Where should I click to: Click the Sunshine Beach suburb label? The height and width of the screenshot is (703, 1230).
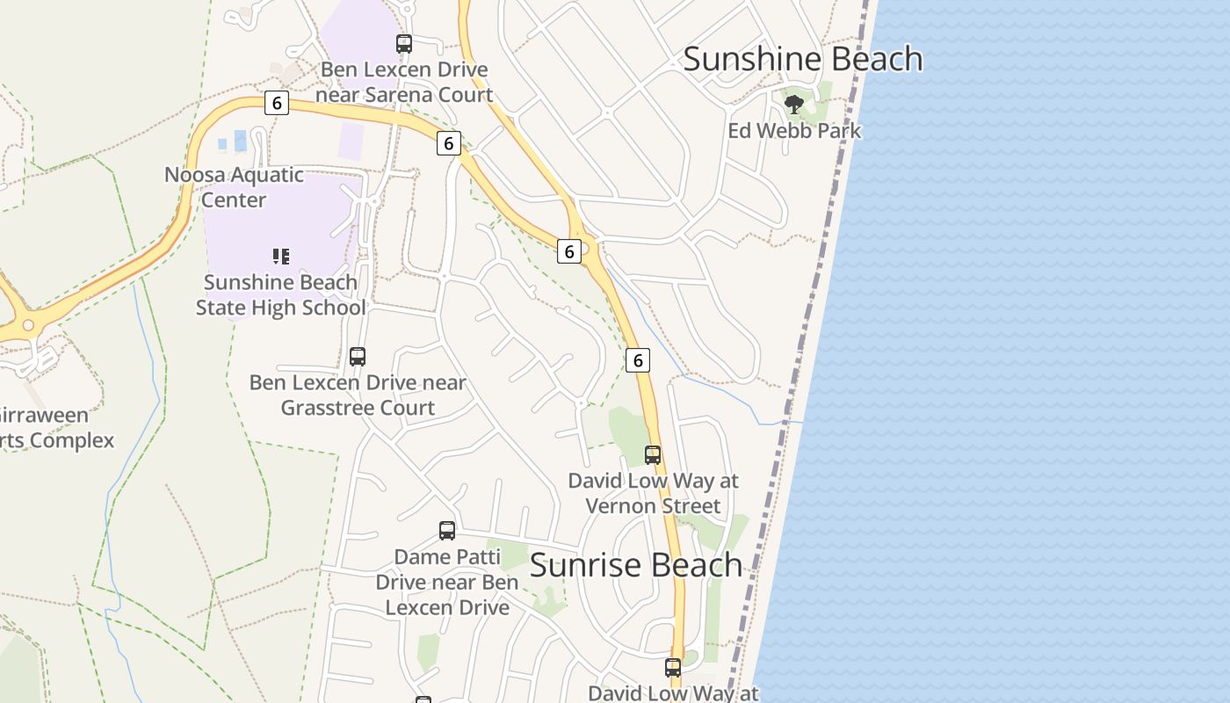pyautogui.click(x=802, y=60)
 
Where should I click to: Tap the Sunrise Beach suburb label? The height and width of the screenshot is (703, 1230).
pyautogui.click(x=636, y=565)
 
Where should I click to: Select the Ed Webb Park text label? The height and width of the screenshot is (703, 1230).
pyautogui.click(x=794, y=131)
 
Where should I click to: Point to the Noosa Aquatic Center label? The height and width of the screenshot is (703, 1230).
pyautogui.click(x=234, y=187)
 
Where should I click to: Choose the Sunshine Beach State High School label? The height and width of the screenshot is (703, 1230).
pyautogui.click(x=280, y=295)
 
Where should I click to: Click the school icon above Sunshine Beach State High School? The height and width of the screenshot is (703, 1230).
pyautogui.click(x=280, y=257)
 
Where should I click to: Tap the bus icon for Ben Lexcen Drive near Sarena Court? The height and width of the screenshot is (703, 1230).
pyautogui.click(x=404, y=44)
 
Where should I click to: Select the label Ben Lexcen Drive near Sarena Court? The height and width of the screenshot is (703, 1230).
pyautogui.click(x=404, y=82)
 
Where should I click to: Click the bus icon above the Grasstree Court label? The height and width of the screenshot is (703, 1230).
pyautogui.click(x=358, y=357)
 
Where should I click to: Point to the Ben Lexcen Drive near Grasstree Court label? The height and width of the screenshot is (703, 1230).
pyautogui.click(x=358, y=395)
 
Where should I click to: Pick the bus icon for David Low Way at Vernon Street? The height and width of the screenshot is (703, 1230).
pyautogui.click(x=653, y=455)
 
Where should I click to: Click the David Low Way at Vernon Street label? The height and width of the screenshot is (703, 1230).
pyautogui.click(x=653, y=493)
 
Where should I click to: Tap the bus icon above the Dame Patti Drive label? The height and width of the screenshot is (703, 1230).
pyautogui.click(x=447, y=531)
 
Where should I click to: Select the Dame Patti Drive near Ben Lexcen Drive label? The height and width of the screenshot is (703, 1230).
pyautogui.click(x=447, y=582)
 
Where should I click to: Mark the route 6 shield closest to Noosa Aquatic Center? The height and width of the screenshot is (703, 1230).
pyautogui.click(x=277, y=104)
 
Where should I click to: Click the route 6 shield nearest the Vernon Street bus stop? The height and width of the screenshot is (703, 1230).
pyautogui.click(x=638, y=359)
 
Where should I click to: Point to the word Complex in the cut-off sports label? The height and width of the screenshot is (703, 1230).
pyautogui.click(x=70, y=440)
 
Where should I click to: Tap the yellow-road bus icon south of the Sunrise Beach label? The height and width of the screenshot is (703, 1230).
pyautogui.click(x=673, y=668)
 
